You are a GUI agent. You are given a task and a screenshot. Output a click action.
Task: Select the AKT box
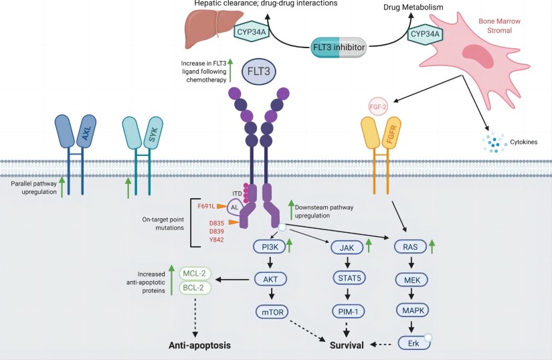tap(271, 279)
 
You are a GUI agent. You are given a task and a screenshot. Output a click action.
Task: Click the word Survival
tap(348, 345)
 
